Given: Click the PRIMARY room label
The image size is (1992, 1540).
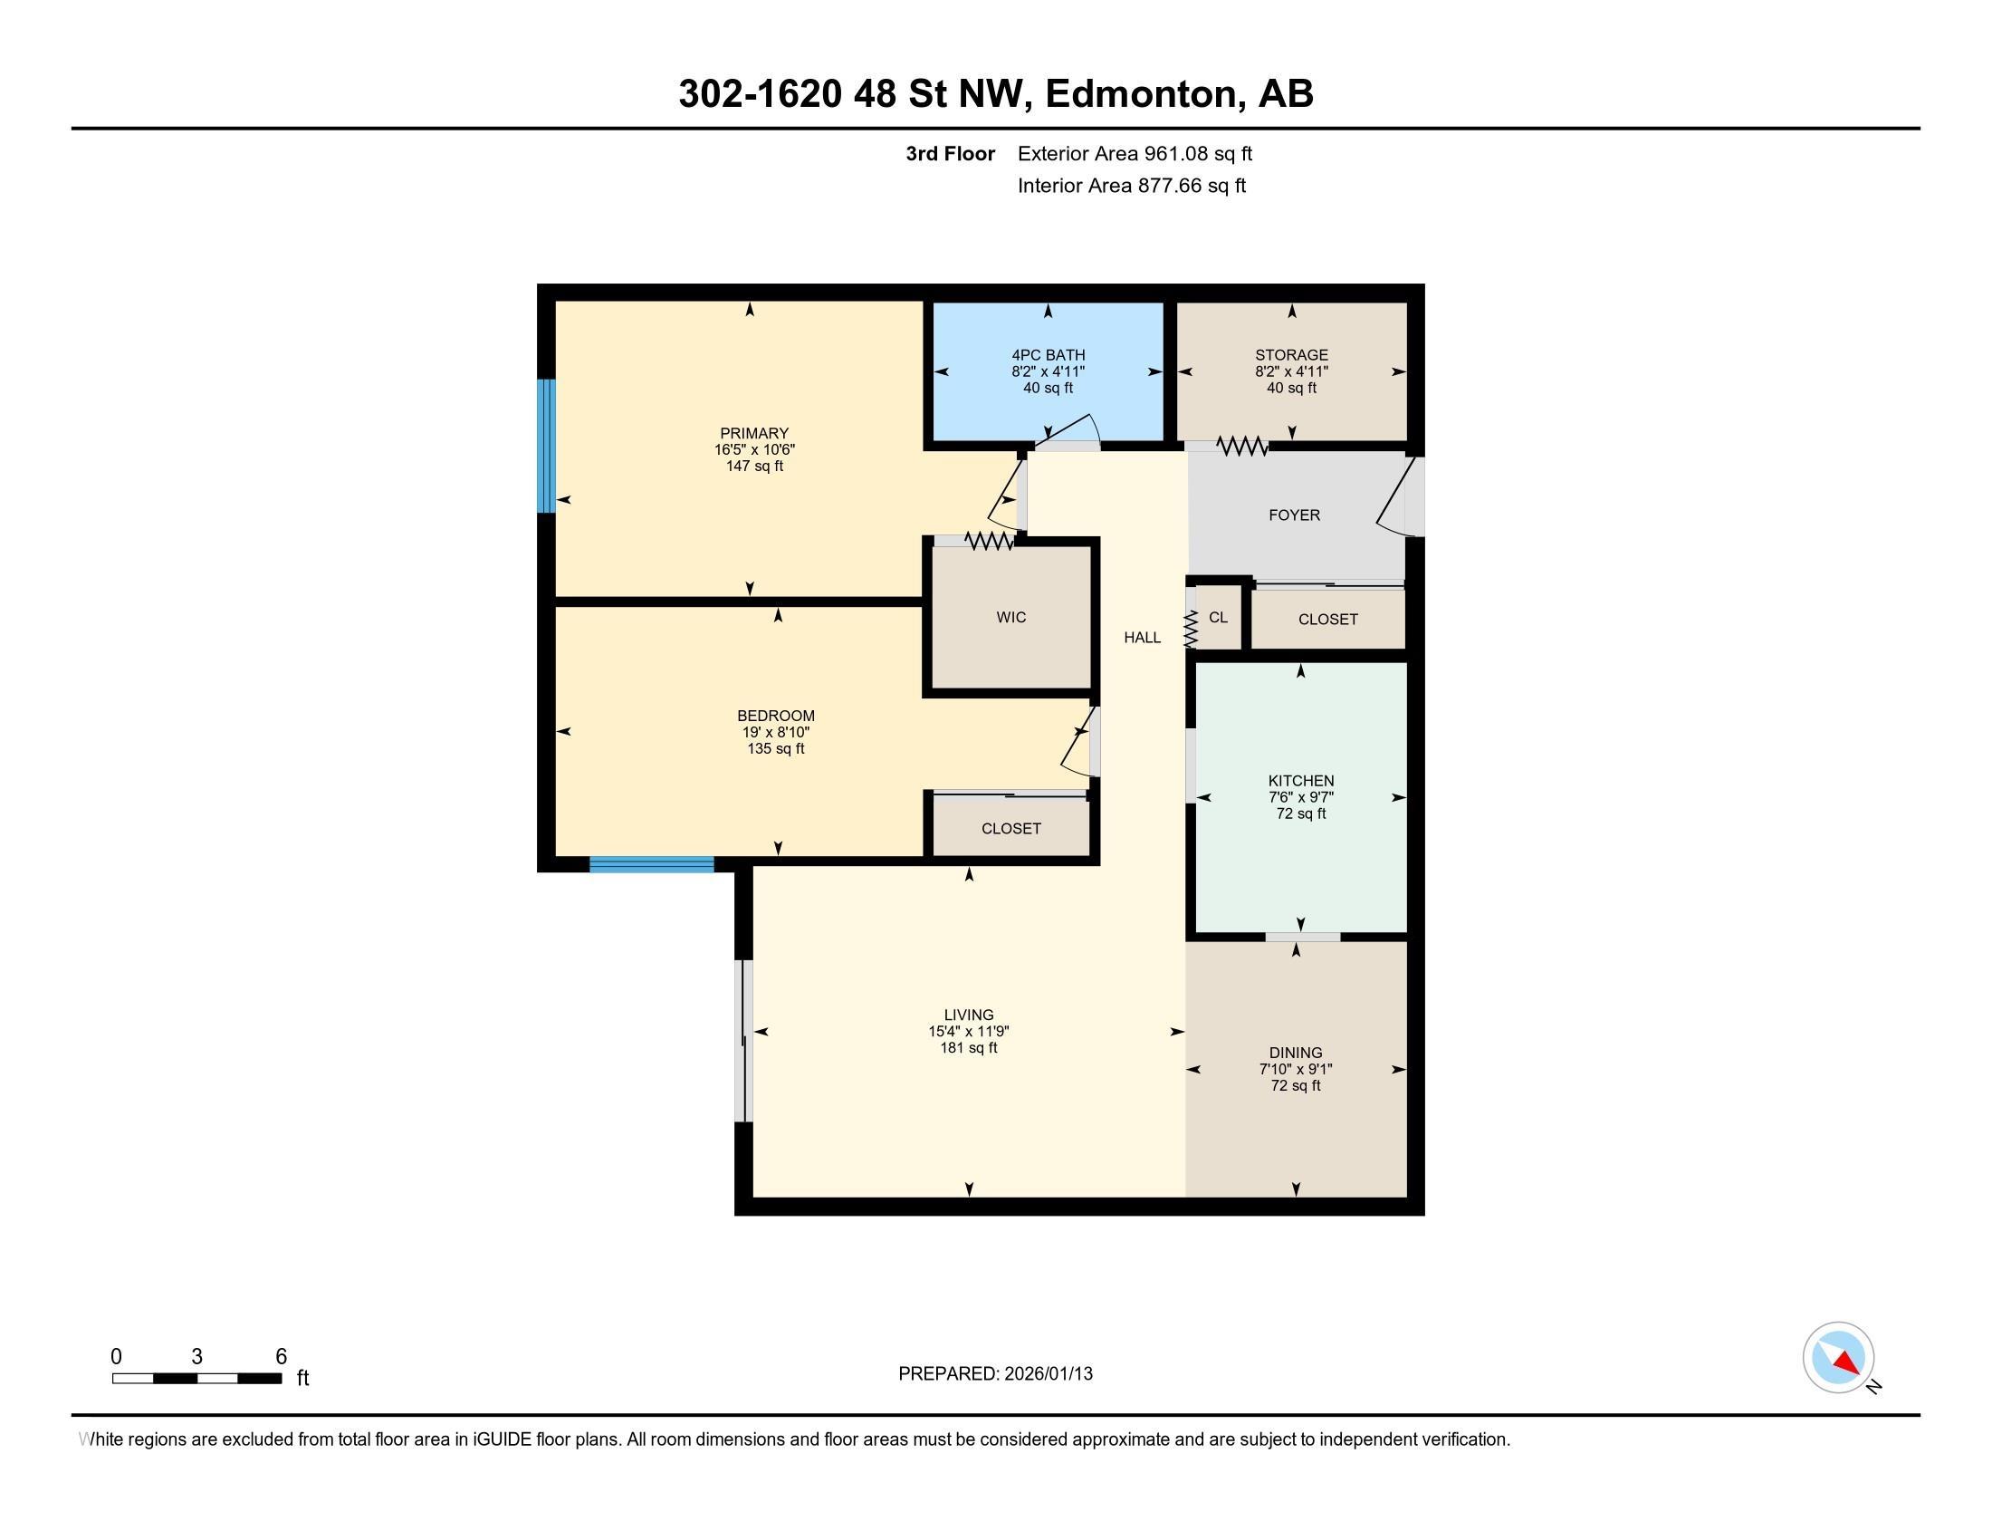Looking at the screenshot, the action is click(x=753, y=433).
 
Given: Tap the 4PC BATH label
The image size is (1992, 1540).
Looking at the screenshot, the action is click(x=1048, y=355).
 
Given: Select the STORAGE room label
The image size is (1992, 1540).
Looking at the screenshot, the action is click(x=1290, y=355).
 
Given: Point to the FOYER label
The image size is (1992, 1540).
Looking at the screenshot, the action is click(x=1294, y=515).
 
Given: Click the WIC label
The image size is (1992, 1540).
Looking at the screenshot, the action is click(x=1010, y=618).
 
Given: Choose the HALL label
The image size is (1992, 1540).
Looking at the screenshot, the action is click(x=1142, y=638).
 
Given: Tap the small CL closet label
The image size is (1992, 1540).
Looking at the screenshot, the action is click(x=1218, y=618).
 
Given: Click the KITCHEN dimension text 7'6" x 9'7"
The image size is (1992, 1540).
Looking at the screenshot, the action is click(x=1300, y=797).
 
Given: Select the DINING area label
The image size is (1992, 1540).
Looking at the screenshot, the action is click(x=1295, y=1053).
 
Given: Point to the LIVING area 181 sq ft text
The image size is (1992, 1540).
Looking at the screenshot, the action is click(x=969, y=1048).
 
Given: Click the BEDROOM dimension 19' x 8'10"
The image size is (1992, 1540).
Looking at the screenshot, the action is click(x=775, y=733).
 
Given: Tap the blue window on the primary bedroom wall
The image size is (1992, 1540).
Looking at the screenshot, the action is click(x=545, y=446).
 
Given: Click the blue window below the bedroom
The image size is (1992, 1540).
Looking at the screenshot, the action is click(x=651, y=865).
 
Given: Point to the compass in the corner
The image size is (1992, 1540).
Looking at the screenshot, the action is click(x=1839, y=1358).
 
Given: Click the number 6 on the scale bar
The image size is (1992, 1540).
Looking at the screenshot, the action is click(x=281, y=1357).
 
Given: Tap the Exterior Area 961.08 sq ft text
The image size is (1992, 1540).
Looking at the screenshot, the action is click(x=1135, y=154).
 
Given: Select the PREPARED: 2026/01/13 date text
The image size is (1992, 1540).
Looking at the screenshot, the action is click(x=995, y=1374).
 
